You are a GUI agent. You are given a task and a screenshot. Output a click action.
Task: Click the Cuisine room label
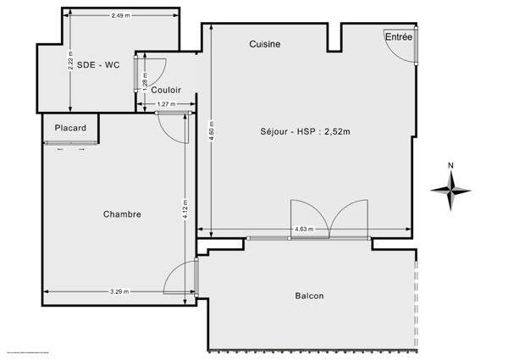point(265,44)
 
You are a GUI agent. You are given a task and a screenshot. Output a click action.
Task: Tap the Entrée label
point(399,37)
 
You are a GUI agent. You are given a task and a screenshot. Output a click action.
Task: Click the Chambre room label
point(122,214)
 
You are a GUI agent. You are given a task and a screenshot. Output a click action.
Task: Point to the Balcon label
point(309,296)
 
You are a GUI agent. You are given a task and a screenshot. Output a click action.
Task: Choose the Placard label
point(70,128)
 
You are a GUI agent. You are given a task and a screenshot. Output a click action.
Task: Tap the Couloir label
point(166,88)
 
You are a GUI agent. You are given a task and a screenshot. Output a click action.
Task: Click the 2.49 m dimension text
point(121,17)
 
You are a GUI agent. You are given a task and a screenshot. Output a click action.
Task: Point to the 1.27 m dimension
point(167,105)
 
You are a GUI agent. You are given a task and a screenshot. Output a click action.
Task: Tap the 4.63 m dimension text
point(303,230)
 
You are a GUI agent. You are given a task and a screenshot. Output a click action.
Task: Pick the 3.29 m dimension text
point(119,291)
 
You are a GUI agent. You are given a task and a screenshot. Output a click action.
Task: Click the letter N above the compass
point(451,166)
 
